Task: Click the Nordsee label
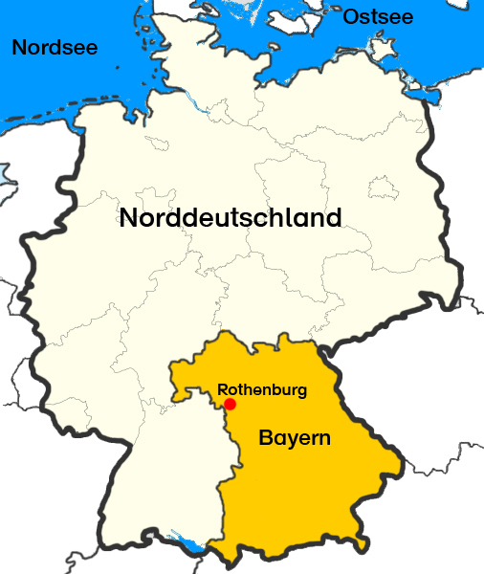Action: (55, 47)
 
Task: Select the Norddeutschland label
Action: (230, 218)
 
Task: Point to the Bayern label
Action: (295, 440)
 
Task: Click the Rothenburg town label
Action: (262, 389)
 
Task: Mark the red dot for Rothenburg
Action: (230, 404)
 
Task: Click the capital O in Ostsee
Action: (350, 16)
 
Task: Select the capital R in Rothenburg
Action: (223, 389)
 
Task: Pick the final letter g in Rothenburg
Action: (302, 391)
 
